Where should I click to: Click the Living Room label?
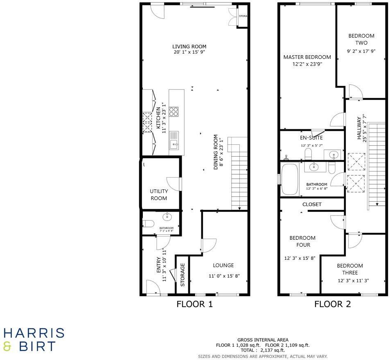[x=189, y=47]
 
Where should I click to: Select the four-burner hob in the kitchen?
[x=174, y=112]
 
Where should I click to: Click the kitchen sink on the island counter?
[x=174, y=139]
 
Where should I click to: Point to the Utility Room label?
[x=159, y=195]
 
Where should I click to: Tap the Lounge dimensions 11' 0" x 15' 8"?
[x=224, y=276]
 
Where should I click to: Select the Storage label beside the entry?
[x=183, y=275]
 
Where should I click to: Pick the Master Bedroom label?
[x=307, y=57]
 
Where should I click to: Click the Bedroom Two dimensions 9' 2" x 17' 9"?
[x=361, y=51]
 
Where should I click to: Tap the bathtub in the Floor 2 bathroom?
[x=289, y=179]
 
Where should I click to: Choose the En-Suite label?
[x=311, y=138]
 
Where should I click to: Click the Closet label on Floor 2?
[x=312, y=204]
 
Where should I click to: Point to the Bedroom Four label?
[x=302, y=241]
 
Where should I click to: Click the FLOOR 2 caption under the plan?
[x=332, y=304]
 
